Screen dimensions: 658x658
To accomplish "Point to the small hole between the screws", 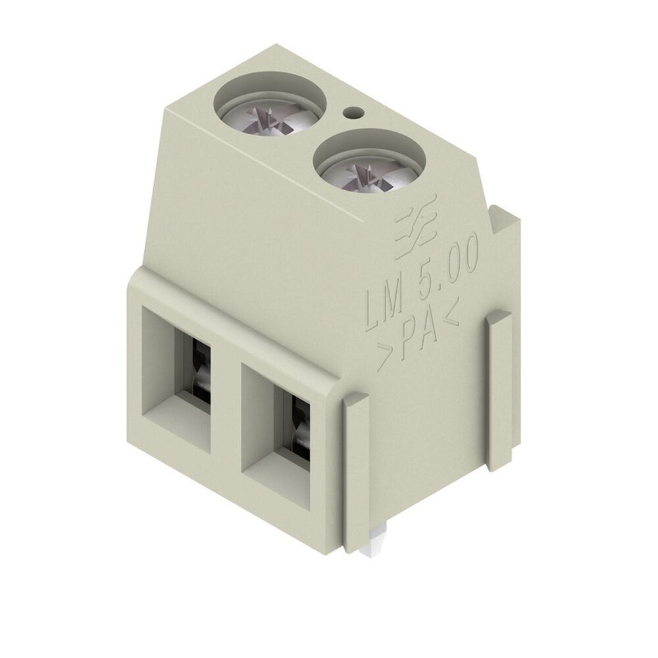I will tap(354, 113).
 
